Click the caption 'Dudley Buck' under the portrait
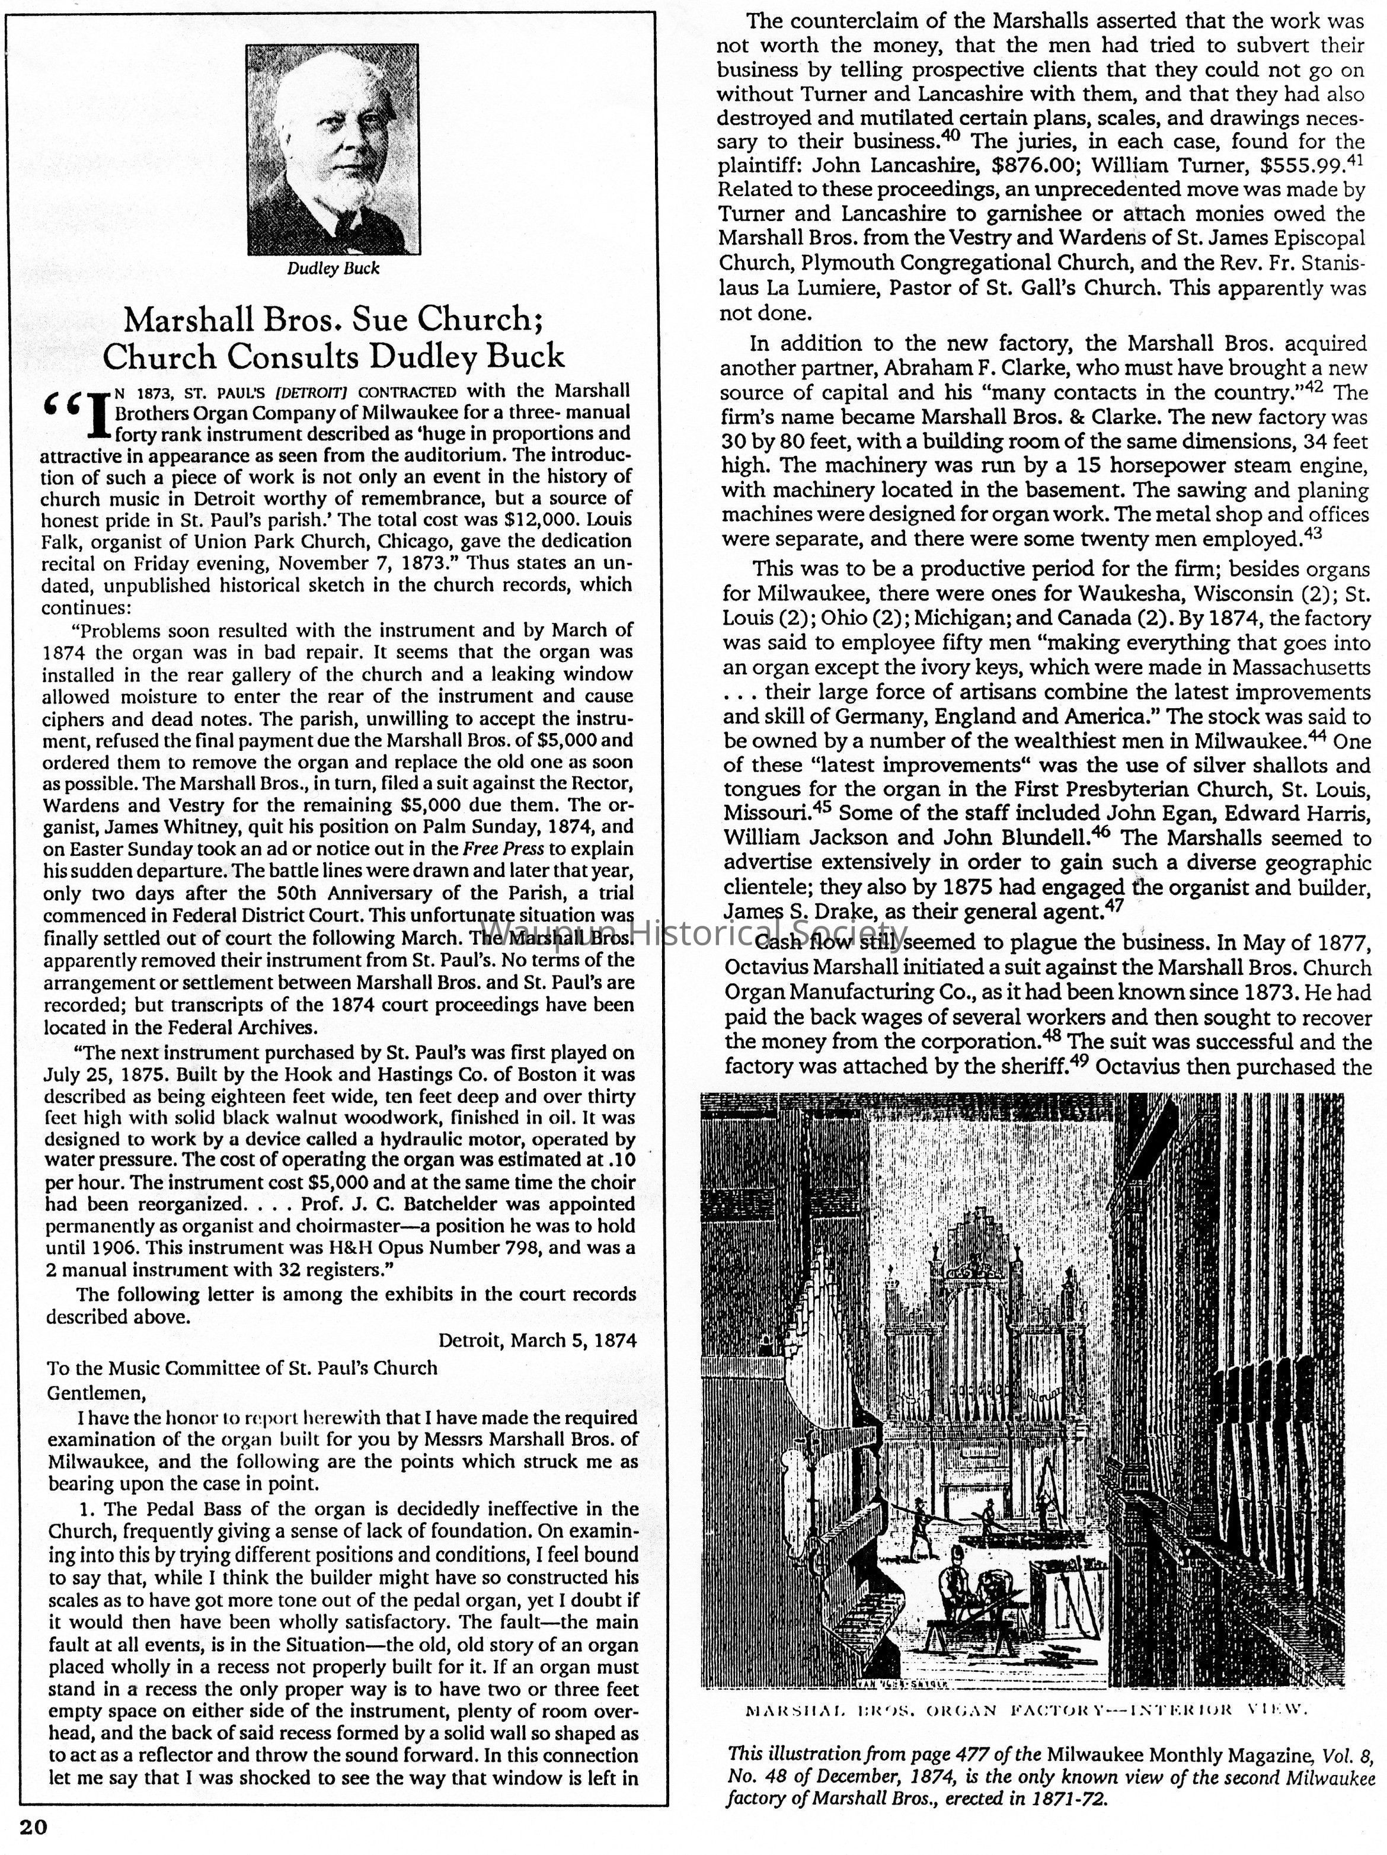(333, 268)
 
